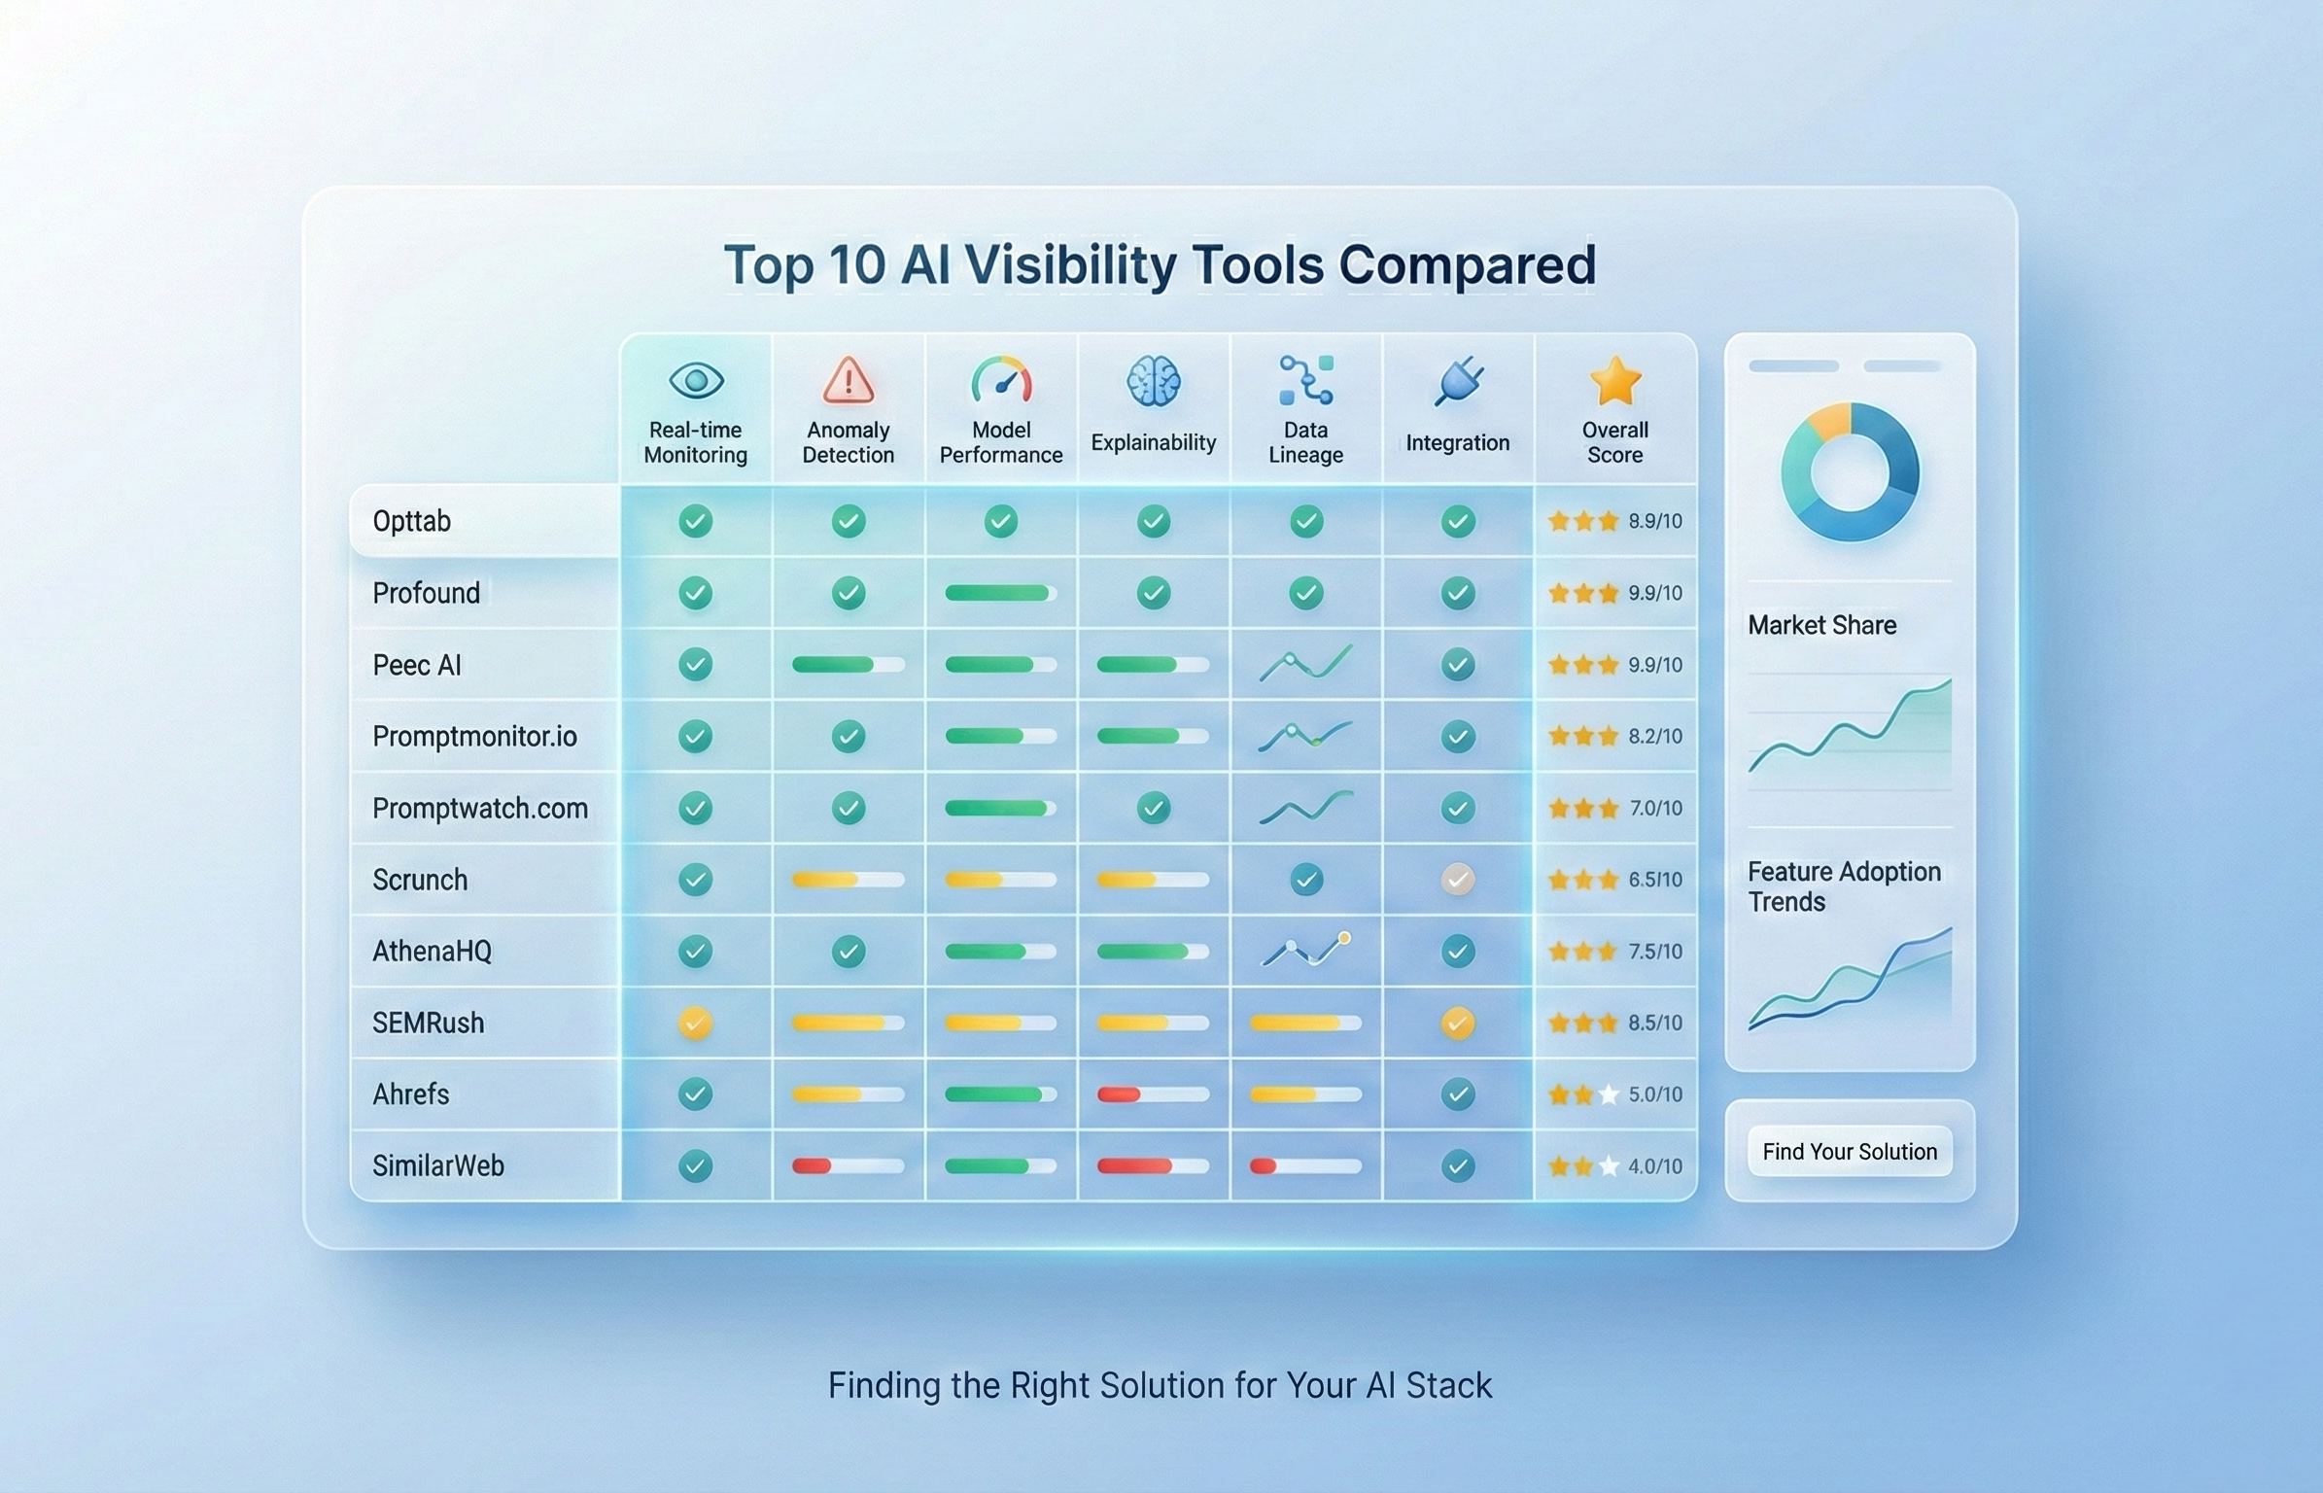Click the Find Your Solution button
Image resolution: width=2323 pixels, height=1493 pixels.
click(x=1849, y=1151)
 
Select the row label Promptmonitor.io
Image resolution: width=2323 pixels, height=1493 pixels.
click(x=474, y=736)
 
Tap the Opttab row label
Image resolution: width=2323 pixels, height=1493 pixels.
click(x=412, y=521)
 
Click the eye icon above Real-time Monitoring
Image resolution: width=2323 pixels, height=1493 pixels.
click(x=696, y=380)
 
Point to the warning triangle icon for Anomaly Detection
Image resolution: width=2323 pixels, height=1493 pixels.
click(x=848, y=380)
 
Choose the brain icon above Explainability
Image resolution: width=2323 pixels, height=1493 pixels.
click(x=1153, y=380)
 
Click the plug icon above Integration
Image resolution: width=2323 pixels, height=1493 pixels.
click(x=1458, y=380)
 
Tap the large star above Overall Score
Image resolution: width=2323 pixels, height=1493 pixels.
click(x=1614, y=380)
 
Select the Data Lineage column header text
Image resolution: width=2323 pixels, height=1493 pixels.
click(x=1305, y=442)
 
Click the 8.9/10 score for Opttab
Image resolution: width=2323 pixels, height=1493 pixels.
click(x=1654, y=521)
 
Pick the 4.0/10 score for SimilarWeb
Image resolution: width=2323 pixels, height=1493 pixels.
click(x=1654, y=1165)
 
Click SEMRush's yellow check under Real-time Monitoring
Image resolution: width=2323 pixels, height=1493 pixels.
click(x=695, y=1023)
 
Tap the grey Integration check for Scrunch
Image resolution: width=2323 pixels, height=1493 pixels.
click(x=1457, y=880)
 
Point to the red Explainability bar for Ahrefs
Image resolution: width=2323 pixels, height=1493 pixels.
click(x=1120, y=1094)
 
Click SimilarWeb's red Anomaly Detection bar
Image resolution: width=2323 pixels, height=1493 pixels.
click(x=813, y=1165)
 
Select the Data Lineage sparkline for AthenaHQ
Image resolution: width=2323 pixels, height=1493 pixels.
click(x=1305, y=951)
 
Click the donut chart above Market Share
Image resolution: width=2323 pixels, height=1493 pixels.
click(x=1850, y=471)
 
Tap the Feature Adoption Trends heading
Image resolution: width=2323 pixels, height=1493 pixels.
click(x=1844, y=885)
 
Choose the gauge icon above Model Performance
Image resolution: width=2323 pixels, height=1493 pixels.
click(x=1001, y=380)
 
